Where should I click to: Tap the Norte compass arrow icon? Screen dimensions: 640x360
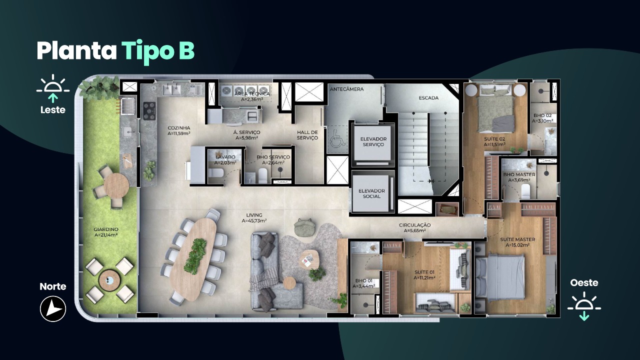(53, 309)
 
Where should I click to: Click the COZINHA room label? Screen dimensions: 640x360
(179, 128)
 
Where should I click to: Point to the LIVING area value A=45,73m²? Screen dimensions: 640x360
(254, 221)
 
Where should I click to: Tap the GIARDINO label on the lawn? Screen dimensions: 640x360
(106, 229)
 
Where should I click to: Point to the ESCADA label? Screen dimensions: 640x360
(428, 98)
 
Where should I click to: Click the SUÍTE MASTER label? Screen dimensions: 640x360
(517, 239)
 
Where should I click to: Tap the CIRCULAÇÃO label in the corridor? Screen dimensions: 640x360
(415, 225)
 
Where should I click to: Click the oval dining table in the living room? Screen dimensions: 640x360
(193, 259)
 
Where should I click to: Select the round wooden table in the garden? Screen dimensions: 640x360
(116, 184)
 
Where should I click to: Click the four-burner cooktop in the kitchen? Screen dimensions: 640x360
(149, 110)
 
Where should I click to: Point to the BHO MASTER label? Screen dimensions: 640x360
(519, 174)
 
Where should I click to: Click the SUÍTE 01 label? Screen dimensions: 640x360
(424, 272)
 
